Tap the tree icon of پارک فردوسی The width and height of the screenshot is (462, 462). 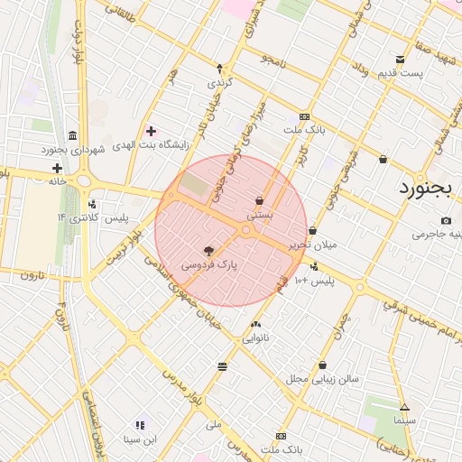pos(209,251)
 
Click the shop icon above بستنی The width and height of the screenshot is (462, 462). pos(260,200)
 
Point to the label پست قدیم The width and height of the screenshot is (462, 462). pos(400,72)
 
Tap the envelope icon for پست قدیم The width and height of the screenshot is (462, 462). pos(400,60)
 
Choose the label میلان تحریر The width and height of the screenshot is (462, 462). pos(312,245)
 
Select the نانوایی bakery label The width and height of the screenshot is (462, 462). pos(256,338)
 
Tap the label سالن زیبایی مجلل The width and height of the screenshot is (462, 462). pos(322,379)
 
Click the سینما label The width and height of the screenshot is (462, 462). pos(403,420)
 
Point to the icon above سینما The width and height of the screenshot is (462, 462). pos(404,407)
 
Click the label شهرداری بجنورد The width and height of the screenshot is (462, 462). pos(72,148)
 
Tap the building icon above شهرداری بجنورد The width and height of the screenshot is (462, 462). pos(72,134)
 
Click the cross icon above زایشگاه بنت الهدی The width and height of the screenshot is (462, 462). pos(151,132)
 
